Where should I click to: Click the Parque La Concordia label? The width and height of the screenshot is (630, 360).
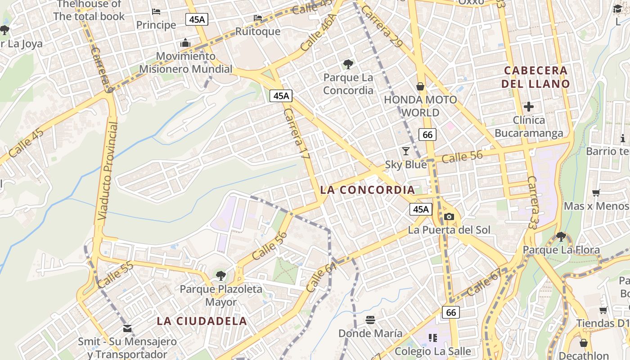(x=348, y=84)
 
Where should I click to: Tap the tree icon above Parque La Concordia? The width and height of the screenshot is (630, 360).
(x=348, y=64)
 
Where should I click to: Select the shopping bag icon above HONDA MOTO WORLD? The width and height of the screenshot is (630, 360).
(x=420, y=86)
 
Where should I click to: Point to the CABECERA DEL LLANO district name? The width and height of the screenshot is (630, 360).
(x=535, y=77)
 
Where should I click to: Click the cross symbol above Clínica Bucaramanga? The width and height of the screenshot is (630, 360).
(x=529, y=107)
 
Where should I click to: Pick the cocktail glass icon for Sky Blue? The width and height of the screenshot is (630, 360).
(x=406, y=151)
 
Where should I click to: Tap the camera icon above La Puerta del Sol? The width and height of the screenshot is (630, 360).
(x=449, y=216)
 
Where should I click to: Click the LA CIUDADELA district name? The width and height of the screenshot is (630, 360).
(x=202, y=321)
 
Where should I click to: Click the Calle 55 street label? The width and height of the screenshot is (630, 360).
(x=115, y=274)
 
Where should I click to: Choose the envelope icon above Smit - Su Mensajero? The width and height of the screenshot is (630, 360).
(x=127, y=328)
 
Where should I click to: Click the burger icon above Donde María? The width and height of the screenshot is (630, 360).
(x=370, y=320)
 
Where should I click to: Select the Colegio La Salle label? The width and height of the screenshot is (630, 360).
(x=432, y=351)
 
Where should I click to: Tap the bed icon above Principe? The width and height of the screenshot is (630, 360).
(x=156, y=11)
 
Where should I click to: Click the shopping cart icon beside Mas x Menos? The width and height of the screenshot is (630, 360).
(x=596, y=193)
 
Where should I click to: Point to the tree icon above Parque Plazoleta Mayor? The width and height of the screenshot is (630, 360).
(x=220, y=275)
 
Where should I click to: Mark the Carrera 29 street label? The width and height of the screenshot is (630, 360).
(x=382, y=27)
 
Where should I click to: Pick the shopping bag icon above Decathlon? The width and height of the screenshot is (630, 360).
(x=584, y=343)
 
